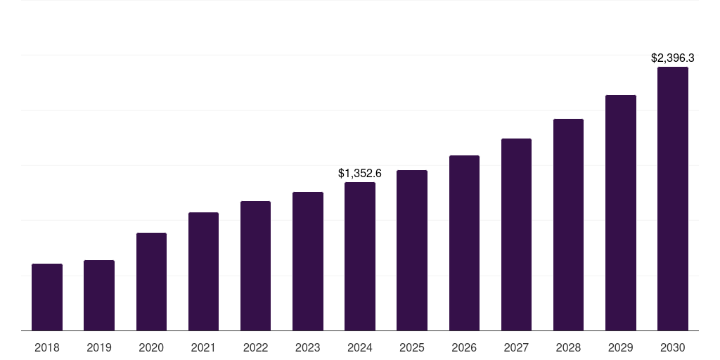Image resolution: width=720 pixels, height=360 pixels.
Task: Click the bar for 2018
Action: [x=47, y=297]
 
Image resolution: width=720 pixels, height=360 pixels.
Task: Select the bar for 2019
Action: [x=99, y=295]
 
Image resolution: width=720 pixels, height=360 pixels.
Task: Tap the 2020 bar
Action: [x=151, y=281]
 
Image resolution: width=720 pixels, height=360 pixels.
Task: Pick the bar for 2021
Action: [x=203, y=271]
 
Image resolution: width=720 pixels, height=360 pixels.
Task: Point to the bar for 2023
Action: [x=308, y=261]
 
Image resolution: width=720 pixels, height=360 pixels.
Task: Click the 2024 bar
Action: [x=360, y=256]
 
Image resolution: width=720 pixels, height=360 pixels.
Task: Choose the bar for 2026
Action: [x=464, y=243]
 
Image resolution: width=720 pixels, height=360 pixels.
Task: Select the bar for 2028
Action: [x=568, y=224]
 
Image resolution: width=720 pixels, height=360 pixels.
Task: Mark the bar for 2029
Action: [x=621, y=212]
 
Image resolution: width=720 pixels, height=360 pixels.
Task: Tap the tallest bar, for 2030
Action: [x=673, y=198]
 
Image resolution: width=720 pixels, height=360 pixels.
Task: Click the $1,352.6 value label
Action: [x=360, y=173]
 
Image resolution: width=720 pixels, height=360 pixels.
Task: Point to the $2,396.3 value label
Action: [x=673, y=58]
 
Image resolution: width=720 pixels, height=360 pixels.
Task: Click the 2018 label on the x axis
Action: [x=47, y=347]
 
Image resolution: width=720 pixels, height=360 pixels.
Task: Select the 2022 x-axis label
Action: [x=256, y=347]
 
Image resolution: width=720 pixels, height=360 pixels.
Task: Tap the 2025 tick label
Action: [x=412, y=347]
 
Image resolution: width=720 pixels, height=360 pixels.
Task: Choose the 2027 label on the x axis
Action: [x=516, y=347]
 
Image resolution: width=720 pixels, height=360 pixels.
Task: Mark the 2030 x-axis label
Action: [x=673, y=347]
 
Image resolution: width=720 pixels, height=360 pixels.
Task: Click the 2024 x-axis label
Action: [x=360, y=347]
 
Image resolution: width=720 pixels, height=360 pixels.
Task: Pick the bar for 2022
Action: [x=256, y=266]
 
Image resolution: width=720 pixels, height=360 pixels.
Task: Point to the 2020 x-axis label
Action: [x=151, y=347]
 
